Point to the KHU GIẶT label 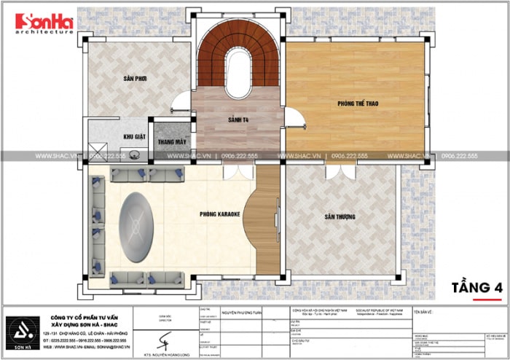(134, 136)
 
